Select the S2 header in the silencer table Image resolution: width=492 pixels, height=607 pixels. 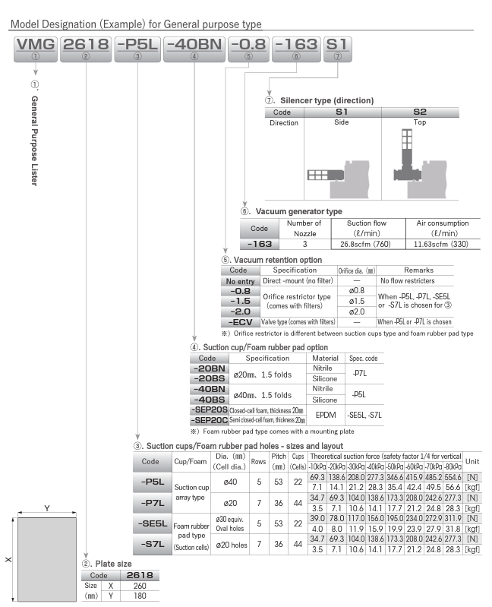pos(419,112)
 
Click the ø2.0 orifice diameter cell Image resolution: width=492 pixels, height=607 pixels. pos(356,311)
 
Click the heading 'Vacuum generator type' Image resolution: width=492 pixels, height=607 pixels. pos(298,211)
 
